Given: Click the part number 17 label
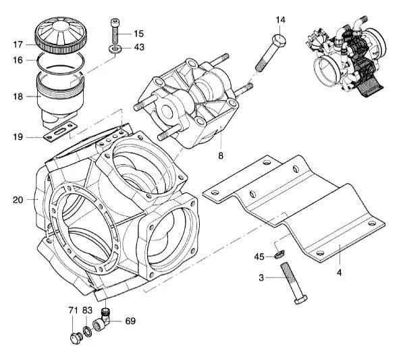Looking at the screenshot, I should click(x=18, y=45).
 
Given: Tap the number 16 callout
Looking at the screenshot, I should click(x=18, y=60).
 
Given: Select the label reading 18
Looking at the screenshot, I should click(x=18, y=97).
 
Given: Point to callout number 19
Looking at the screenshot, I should click(x=18, y=138).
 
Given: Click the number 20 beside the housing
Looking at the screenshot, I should click(x=18, y=200).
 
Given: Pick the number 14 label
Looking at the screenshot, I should click(x=280, y=20).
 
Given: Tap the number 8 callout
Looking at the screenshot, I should click(x=220, y=156).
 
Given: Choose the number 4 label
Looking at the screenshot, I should click(x=340, y=273).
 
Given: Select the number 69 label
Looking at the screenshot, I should click(x=130, y=321).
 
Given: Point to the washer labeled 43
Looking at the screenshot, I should click(x=116, y=49).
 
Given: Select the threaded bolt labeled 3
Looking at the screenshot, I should click(x=292, y=284).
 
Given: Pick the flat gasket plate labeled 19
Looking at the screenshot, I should click(x=60, y=132).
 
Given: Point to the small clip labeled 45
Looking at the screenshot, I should click(x=279, y=255).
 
